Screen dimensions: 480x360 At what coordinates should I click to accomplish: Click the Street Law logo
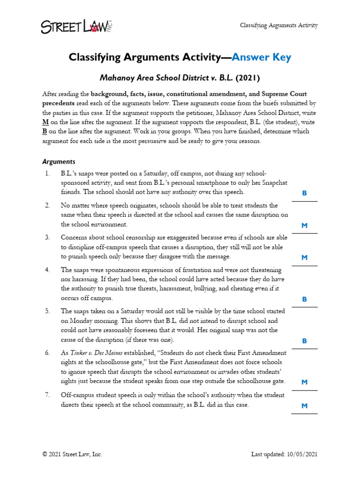77,26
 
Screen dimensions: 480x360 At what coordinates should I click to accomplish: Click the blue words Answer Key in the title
262,57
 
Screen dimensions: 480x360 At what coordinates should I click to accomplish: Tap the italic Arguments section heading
59,162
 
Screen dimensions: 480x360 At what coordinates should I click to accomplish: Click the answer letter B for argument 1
304,193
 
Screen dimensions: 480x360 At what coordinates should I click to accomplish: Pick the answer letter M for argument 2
304,225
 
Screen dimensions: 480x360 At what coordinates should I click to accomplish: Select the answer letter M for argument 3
304,257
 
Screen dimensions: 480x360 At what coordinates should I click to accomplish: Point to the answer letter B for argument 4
304,299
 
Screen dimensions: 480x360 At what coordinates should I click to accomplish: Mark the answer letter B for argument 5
304,341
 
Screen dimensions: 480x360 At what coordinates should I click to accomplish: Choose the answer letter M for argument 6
304,382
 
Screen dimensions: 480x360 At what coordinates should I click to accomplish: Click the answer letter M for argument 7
304,406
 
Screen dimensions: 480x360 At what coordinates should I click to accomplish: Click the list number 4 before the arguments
47,270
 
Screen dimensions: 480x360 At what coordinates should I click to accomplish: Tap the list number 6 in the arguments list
47,352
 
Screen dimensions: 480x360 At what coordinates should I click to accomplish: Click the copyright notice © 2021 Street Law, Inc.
72,454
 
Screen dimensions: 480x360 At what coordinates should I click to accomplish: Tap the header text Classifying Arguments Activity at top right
279,25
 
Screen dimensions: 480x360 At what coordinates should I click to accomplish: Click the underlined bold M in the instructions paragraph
45,122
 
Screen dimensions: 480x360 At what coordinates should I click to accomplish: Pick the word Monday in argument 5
78,321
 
